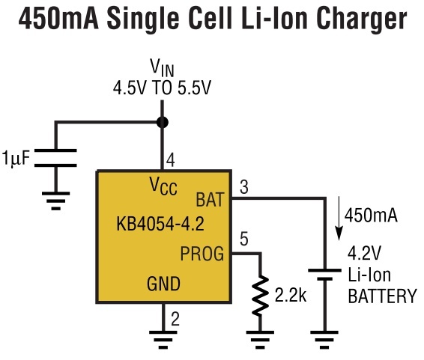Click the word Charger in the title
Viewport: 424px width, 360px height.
pyautogui.click(x=361, y=19)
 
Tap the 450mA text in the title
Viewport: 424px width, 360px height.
pyautogui.click(x=58, y=19)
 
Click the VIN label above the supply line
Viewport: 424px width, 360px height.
pyautogui.click(x=162, y=68)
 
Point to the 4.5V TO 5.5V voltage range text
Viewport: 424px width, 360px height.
pyautogui.click(x=162, y=88)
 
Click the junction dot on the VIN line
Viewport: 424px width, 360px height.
pyautogui.click(x=163, y=122)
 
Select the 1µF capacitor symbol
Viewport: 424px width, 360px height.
pyautogui.click(x=55, y=158)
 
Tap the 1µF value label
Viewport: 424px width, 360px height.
pyautogui.click(x=16, y=158)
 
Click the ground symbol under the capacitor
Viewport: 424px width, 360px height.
pyautogui.click(x=55, y=201)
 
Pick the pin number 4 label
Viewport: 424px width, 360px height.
pyautogui.click(x=170, y=159)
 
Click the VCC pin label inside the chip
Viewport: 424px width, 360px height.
pyautogui.click(x=163, y=186)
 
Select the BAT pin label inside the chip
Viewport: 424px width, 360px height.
pyautogui.click(x=210, y=200)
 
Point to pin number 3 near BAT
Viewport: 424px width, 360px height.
pyautogui.click(x=244, y=187)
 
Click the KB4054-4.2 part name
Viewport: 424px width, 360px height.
pyautogui.click(x=160, y=224)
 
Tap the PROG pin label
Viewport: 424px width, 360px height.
pyautogui.click(x=202, y=253)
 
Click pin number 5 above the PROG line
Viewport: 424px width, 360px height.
pyautogui.click(x=244, y=239)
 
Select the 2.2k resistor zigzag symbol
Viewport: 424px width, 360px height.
pyautogui.click(x=260, y=296)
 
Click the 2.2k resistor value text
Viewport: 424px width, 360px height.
pyautogui.click(x=291, y=295)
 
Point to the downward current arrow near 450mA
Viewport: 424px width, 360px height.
pyautogui.click(x=339, y=219)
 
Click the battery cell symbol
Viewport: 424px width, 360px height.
pyautogui.click(x=324, y=275)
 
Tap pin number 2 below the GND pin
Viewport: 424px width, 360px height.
pyautogui.click(x=175, y=320)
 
